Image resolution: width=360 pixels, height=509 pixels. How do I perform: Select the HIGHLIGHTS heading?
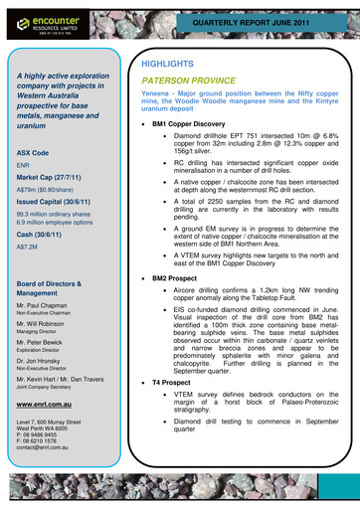170,64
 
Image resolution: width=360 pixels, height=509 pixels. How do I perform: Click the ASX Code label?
35,152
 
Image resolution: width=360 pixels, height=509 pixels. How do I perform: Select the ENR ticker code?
24,165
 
